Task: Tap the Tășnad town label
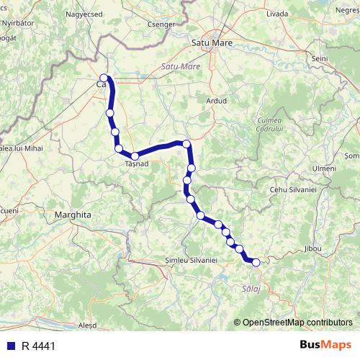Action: tap(136, 164)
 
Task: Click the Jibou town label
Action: tap(313, 248)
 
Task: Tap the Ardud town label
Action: tap(216, 101)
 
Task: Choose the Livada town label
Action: tap(276, 14)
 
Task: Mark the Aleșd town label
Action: tap(86, 325)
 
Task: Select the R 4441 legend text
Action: tap(38, 346)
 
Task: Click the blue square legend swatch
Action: tap(12, 346)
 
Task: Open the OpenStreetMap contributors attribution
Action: tap(297, 322)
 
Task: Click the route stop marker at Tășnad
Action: tap(135, 156)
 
